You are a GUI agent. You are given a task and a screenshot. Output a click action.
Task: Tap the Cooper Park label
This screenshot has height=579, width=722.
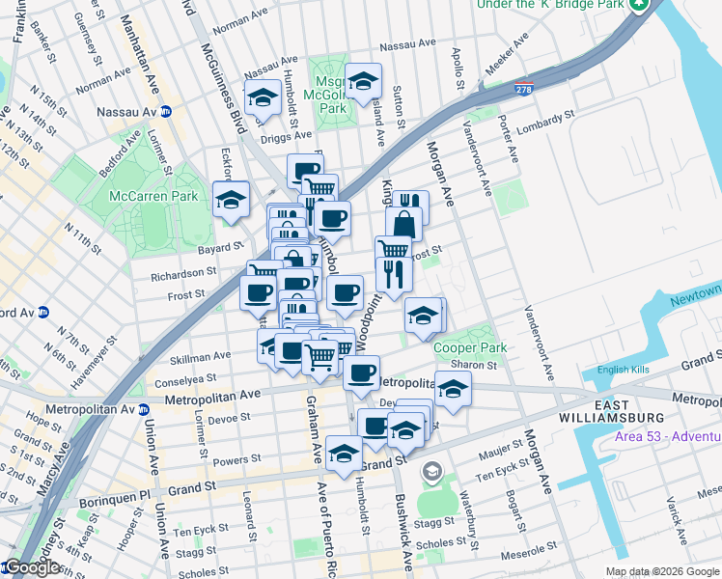point(470,347)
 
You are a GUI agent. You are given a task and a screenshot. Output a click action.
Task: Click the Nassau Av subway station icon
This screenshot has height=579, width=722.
point(166,112)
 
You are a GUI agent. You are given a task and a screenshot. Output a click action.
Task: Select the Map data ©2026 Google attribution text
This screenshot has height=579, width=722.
point(662,571)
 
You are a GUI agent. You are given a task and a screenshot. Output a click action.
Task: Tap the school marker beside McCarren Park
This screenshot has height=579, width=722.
point(231,200)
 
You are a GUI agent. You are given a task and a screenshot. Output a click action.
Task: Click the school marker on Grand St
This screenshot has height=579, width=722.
point(345,454)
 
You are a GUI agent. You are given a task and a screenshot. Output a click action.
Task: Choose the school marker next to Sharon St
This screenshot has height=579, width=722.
point(452,389)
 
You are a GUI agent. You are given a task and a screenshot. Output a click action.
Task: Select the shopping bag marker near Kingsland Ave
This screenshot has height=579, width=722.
point(403,225)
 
